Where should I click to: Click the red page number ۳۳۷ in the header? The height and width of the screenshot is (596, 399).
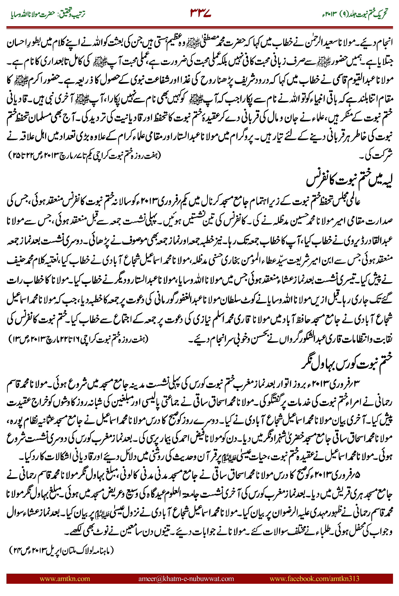[x=201, y=13]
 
